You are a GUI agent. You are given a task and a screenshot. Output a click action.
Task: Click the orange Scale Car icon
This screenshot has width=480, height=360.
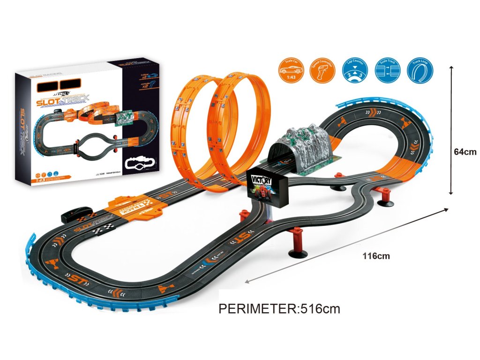(292, 70)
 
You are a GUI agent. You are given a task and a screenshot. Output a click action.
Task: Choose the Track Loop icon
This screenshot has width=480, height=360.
(420, 70)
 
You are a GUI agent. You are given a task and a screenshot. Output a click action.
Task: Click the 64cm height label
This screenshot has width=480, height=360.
(465, 151)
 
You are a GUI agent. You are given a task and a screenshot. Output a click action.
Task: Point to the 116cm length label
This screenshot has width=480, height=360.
(376, 256)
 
